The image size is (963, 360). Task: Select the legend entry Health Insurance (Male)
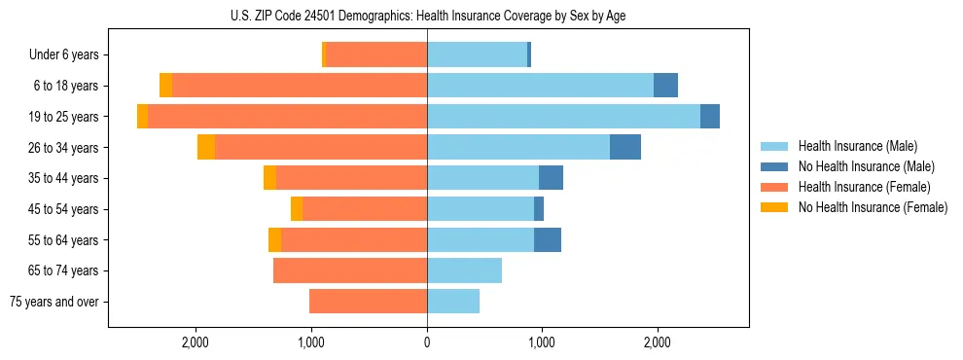click(857, 146)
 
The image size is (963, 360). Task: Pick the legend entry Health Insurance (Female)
click(864, 187)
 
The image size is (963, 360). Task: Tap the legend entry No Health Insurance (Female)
click(873, 207)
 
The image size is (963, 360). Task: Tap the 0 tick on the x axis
click(427, 342)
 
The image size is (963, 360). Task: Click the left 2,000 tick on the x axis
click(196, 342)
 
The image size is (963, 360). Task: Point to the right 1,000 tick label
click(542, 342)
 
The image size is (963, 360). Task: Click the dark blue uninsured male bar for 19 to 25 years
click(710, 117)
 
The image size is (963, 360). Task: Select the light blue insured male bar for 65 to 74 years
click(465, 270)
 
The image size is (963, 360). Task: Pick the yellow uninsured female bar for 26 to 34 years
click(206, 147)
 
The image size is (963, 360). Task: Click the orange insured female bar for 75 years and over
click(369, 302)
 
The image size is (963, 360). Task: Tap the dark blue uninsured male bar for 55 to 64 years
click(548, 239)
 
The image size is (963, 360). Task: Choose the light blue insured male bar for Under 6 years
click(477, 55)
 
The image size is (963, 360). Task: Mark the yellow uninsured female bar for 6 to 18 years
click(166, 86)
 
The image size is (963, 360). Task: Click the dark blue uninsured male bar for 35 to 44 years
click(551, 178)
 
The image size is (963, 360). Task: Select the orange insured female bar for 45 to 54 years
click(365, 209)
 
